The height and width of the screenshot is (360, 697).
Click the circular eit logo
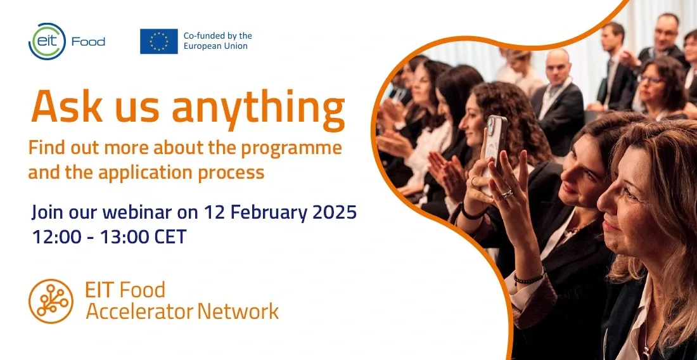pos(47,41)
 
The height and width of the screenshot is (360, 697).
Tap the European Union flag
pos(158,41)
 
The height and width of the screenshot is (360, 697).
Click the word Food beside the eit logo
pos(89,42)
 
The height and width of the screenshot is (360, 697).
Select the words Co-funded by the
pos(217,35)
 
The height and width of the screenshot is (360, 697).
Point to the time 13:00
pos(125,237)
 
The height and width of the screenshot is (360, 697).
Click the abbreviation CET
pos(170,237)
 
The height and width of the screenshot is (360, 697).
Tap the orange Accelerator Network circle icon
pos(51,301)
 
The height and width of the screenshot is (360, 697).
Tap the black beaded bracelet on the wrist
pos(529,278)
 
